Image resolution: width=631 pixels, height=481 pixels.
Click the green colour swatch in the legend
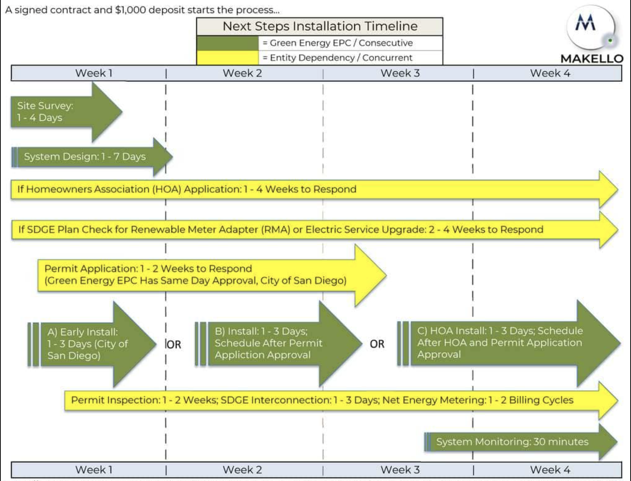click(x=227, y=43)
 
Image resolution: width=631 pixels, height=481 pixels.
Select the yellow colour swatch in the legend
click(x=227, y=58)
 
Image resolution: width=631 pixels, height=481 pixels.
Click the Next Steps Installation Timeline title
click(x=320, y=26)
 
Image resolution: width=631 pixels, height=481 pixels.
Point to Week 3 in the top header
click(x=400, y=73)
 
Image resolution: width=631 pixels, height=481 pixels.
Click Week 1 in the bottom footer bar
click(x=94, y=470)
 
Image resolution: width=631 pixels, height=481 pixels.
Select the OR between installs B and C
click(x=377, y=344)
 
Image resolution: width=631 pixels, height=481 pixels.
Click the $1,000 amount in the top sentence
click(x=130, y=10)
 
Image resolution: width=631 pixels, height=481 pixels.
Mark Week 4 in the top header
click(x=550, y=73)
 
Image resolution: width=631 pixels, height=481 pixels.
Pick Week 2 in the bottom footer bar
click(x=242, y=470)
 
